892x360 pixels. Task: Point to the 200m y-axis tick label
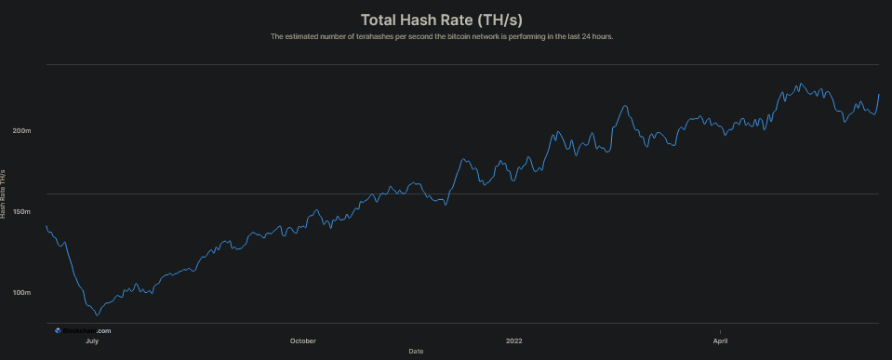point(21,130)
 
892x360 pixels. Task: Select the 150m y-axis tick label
point(21,211)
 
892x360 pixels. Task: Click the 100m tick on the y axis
point(21,293)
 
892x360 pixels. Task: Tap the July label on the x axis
point(92,340)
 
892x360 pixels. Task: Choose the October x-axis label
point(303,340)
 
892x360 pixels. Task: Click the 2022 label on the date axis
point(514,340)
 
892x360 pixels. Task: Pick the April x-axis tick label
point(720,340)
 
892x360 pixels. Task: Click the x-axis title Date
point(416,351)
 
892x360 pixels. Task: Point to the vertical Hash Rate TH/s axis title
point(4,193)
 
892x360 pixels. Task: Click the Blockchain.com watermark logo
point(83,330)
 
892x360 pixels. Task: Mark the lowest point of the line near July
point(96,314)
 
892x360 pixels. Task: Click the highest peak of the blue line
point(800,84)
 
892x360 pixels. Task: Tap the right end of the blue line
point(879,94)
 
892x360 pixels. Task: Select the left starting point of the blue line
point(47,226)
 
